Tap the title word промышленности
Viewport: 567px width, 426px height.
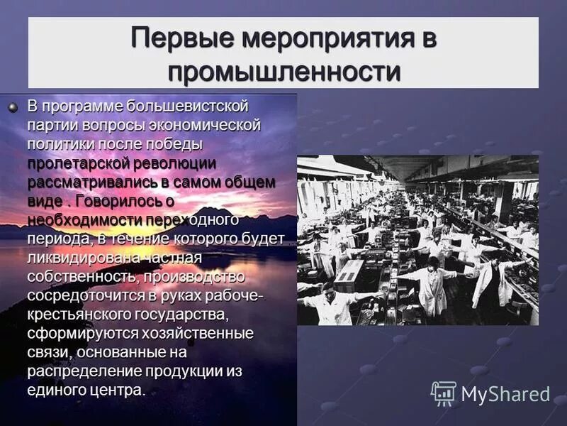point(283,72)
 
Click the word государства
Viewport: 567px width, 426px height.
point(189,314)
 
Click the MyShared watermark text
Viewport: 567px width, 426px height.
point(505,394)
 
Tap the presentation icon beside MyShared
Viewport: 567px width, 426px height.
point(444,393)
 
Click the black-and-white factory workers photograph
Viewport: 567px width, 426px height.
point(417,240)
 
